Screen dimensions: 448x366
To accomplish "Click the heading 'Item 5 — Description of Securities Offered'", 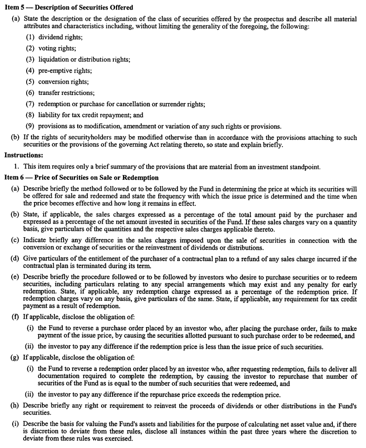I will click(68, 8).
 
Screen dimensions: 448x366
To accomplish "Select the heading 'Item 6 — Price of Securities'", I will click(81, 178).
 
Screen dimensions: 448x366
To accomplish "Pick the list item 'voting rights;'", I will click(57, 48).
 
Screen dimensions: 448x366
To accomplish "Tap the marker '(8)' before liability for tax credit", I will click(30, 115).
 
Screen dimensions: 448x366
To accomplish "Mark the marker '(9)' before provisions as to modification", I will click(30, 127).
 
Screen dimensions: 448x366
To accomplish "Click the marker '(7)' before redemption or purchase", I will click(30, 104).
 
